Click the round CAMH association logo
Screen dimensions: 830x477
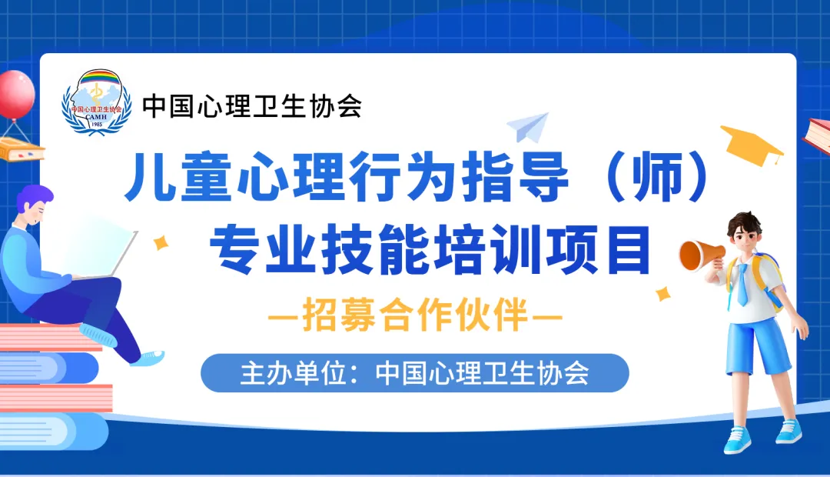(96, 102)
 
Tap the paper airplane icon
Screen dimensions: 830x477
(528, 127)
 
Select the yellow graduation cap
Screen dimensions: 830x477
(751, 145)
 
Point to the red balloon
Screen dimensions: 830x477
(16, 95)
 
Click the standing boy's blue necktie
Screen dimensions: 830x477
(742, 285)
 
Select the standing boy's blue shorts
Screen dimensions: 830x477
(758, 345)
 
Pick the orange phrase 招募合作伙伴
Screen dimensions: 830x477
(415, 315)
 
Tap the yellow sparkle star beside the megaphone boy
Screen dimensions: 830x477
(662, 293)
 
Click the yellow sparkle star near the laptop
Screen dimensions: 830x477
(161, 243)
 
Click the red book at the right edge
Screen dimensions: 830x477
(817, 135)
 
